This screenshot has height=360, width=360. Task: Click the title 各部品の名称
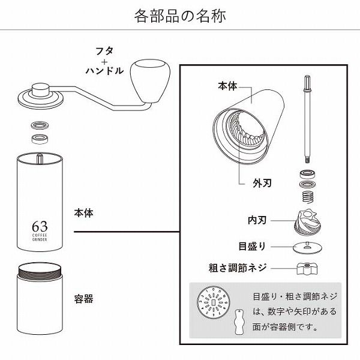pyautogui.click(x=179, y=14)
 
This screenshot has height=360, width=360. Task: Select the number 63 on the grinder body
pyautogui.click(x=40, y=227)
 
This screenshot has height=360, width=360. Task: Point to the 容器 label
pyautogui.click(x=83, y=298)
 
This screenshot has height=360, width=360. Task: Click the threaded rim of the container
pyautogui.click(x=40, y=274)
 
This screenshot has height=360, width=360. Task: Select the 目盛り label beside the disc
pyautogui.click(x=251, y=246)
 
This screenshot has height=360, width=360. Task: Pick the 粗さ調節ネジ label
pyautogui.click(x=234, y=267)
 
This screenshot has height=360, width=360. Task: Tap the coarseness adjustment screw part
pyautogui.click(x=306, y=267)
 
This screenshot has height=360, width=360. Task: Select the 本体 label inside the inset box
pyautogui.click(x=230, y=86)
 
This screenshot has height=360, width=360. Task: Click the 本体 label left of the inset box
pyautogui.click(x=83, y=212)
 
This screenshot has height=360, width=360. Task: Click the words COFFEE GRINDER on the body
pyautogui.click(x=40, y=239)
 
